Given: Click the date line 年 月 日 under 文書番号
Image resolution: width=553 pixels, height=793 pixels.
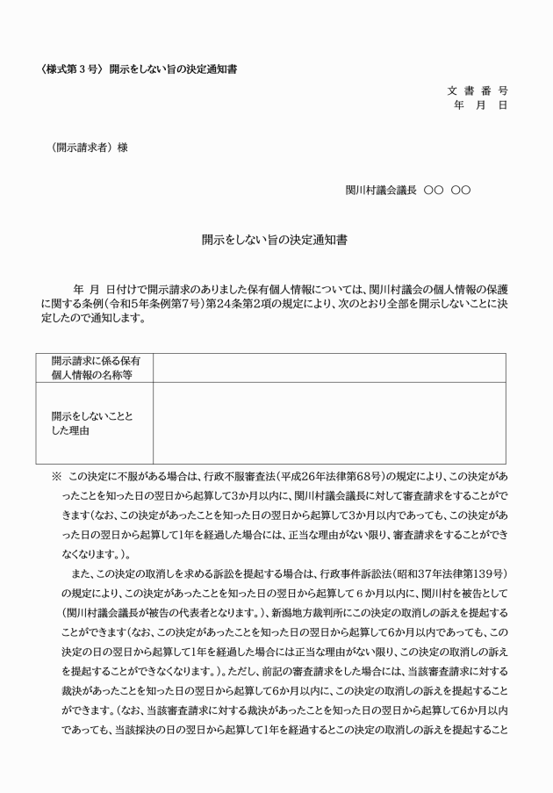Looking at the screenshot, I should coord(480,105).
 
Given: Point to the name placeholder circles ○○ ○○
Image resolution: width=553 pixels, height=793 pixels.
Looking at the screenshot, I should coord(447,189).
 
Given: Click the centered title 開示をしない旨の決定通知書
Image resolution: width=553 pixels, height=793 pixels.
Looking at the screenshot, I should coord(276,238).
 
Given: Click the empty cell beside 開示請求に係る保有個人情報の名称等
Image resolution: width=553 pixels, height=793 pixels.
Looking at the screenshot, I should coord(329,368).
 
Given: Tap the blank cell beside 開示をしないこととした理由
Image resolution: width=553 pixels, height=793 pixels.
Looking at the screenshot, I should coord(329,422).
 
